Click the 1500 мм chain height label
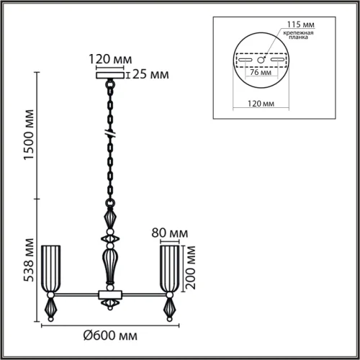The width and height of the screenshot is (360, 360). (29, 135)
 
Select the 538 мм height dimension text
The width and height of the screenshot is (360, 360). (29, 260)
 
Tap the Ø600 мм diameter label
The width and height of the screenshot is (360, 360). (110, 336)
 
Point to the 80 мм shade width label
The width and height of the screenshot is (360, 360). (170, 233)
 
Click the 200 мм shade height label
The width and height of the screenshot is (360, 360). (191, 268)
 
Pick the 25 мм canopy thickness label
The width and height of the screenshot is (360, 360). (150, 74)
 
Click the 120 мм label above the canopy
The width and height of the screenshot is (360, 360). (110, 59)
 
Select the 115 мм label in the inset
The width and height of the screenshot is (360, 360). (300, 24)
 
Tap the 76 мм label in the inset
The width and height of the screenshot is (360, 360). (261, 72)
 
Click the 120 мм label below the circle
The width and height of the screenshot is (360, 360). (261, 104)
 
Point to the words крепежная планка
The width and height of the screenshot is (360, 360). (298, 35)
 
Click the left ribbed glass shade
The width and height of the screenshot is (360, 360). (50, 269)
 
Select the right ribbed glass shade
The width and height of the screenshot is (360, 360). (170, 269)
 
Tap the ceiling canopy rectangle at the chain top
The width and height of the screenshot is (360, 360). (110, 76)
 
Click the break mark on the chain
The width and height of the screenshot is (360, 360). (110, 134)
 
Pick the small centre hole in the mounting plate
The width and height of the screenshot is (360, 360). (261, 60)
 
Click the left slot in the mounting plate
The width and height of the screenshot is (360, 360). (246, 60)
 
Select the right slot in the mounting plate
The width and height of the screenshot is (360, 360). (277, 60)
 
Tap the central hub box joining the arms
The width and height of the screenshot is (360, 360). (110, 294)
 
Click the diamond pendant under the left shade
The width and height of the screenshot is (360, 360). (50, 308)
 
